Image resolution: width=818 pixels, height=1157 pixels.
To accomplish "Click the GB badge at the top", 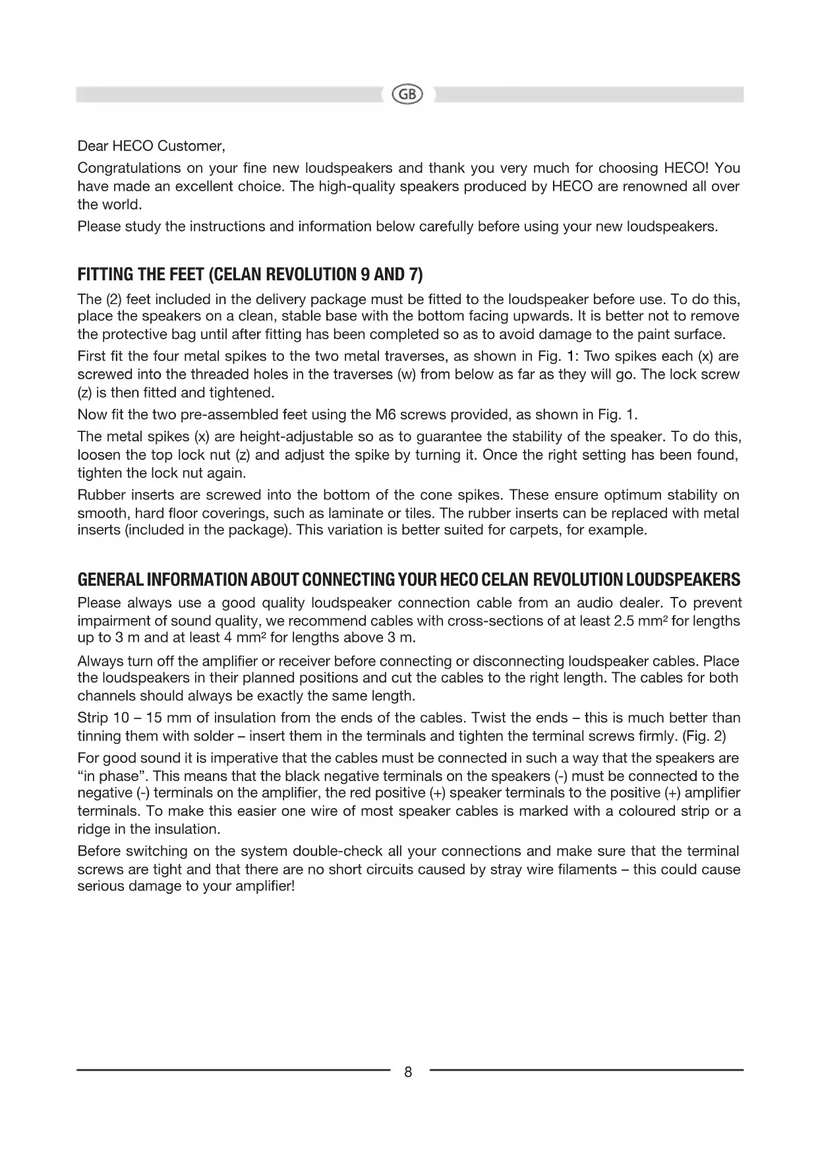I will pos(408,94).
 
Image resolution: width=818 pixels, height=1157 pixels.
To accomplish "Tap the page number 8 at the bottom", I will pos(408,1072).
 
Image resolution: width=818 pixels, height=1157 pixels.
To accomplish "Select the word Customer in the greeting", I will pos(192,145).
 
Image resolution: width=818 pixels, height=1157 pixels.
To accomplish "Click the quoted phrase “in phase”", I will pos(113,776).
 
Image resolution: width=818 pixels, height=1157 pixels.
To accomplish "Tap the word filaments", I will pos(591,869).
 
